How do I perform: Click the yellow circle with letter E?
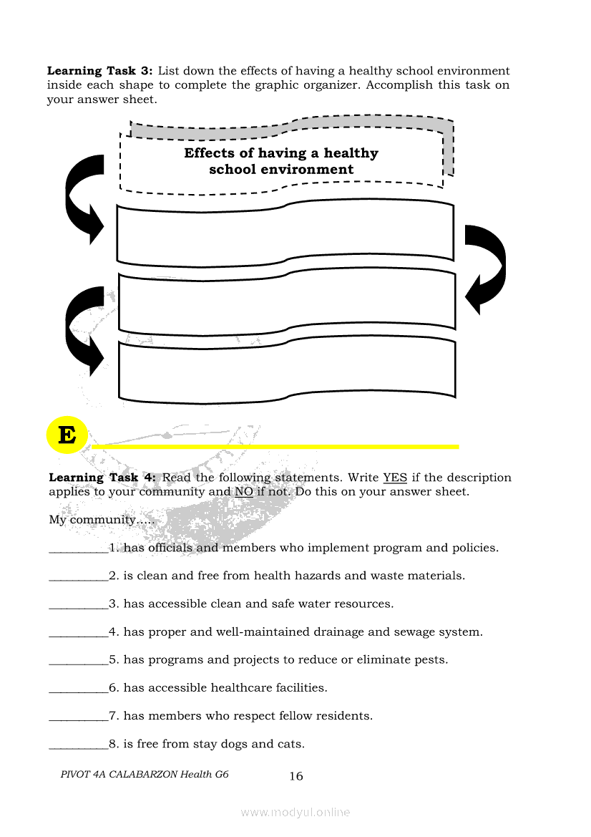[x=67, y=435]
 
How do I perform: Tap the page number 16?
[x=296, y=776]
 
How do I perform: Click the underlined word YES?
[x=395, y=478]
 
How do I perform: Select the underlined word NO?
[x=243, y=492]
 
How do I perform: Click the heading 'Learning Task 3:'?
[x=100, y=71]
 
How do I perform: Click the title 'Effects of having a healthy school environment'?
[x=281, y=161]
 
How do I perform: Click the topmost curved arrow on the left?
[x=84, y=197]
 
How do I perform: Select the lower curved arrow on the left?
[x=84, y=329]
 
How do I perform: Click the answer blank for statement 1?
[x=78, y=549]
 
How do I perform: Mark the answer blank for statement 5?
[x=78, y=661]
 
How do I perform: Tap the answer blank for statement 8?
[x=78, y=745]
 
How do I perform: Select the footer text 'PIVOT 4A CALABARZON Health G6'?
[x=145, y=775]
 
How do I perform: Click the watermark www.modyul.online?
[x=295, y=813]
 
